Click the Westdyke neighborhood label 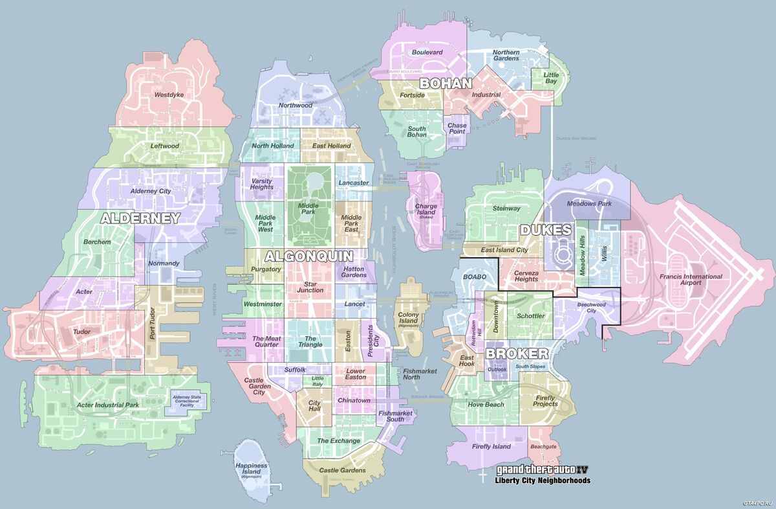pyautogui.click(x=169, y=95)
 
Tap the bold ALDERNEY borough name pyautogui.click(x=140, y=219)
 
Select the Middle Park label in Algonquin pyautogui.click(x=308, y=209)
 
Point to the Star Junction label pyautogui.click(x=310, y=286)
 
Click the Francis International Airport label pyautogui.click(x=691, y=280)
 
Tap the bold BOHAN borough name pyautogui.click(x=446, y=84)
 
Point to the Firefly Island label pyautogui.click(x=491, y=446)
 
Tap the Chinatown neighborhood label pyautogui.click(x=354, y=400)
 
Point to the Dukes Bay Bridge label pyautogui.click(x=576, y=139)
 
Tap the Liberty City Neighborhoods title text pyautogui.click(x=542, y=481)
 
